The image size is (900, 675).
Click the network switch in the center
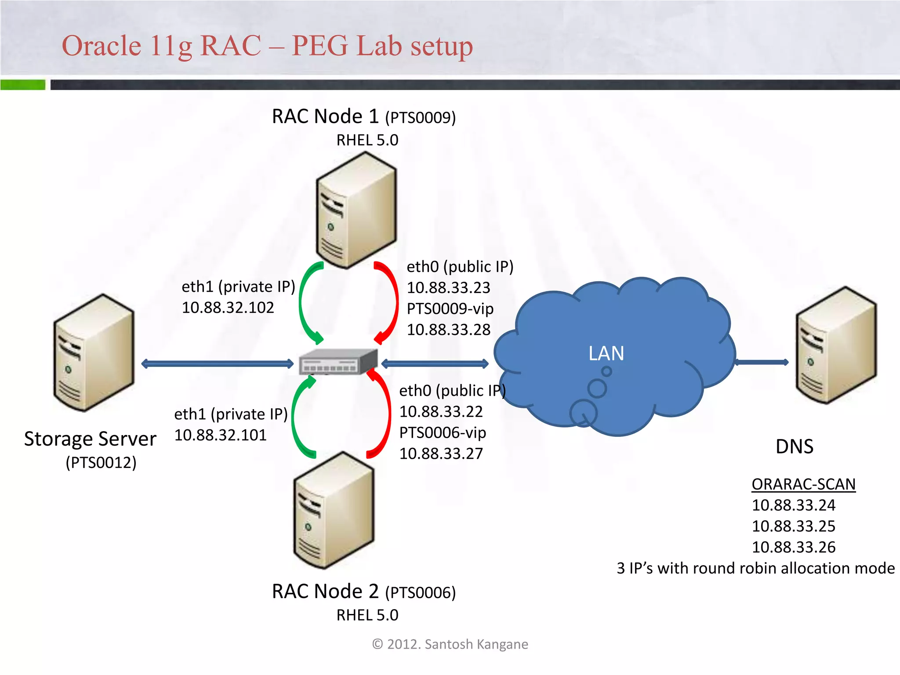[x=338, y=362]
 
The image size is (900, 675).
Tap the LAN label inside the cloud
[x=606, y=353]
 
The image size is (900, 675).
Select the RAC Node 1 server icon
[x=356, y=210]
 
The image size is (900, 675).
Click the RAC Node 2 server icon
[x=334, y=510]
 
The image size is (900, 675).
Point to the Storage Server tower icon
[x=93, y=352]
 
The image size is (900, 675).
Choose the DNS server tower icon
[x=836, y=345]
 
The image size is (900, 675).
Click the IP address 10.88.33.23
[x=448, y=288]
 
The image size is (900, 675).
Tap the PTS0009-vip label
[x=450, y=308]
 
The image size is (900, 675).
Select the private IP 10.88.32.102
[x=228, y=308]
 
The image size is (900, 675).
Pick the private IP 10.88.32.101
[x=220, y=435]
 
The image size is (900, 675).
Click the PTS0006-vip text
[x=443, y=432]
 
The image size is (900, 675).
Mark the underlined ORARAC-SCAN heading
[x=803, y=484]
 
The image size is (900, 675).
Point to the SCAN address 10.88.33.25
[x=793, y=526]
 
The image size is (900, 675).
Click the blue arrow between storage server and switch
[x=217, y=363]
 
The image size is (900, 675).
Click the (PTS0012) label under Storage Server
[x=101, y=462]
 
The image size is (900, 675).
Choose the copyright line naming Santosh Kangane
[x=450, y=644]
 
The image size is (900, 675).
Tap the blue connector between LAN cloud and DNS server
[x=762, y=362]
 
